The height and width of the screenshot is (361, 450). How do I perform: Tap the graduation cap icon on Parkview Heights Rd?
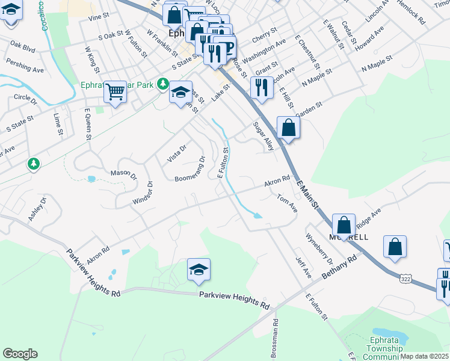(x=199, y=270)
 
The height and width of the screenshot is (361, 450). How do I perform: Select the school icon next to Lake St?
(x=180, y=93)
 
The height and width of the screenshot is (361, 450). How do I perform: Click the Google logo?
(x=20, y=354)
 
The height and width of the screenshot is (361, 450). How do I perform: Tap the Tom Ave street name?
(x=287, y=202)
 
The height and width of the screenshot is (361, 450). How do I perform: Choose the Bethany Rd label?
(x=339, y=266)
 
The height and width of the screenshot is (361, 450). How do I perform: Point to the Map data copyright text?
(x=425, y=356)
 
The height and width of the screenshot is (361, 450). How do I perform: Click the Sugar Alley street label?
(x=263, y=135)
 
